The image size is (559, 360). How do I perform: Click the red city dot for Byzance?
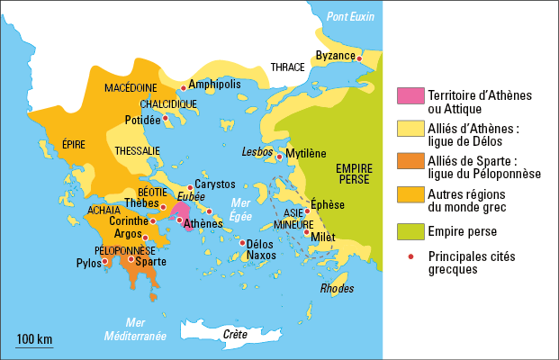pos(359,59)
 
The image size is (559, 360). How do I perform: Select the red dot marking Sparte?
pos(131,259)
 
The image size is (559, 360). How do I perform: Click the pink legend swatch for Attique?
pos(410,95)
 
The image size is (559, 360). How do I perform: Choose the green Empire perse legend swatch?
pos(410,233)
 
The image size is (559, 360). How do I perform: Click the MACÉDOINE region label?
pos(131,88)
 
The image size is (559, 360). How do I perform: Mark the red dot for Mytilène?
pos(279,157)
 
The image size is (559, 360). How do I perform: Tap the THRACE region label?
pos(287,67)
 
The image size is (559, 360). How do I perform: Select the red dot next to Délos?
pos(241,242)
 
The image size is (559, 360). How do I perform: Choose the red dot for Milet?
pos(307,233)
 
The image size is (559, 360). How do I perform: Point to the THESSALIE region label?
pos(138,150)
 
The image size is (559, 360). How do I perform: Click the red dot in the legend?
pos(410,256)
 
